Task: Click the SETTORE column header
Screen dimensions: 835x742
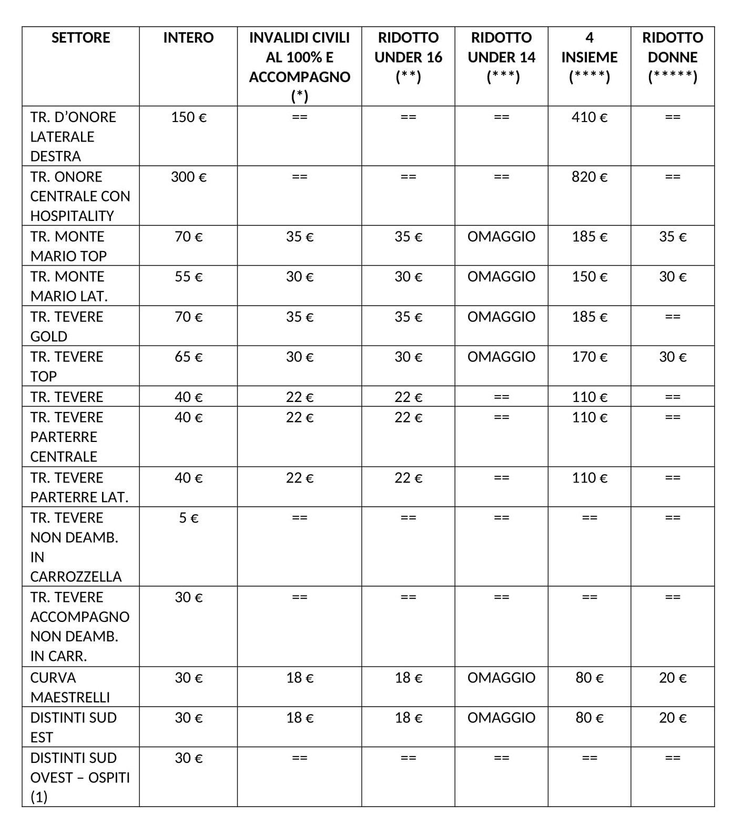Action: tap(80, 38)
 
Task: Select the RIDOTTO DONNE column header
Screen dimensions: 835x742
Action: tap(672, 57)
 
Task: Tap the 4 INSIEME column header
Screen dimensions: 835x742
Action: tap(589, 57)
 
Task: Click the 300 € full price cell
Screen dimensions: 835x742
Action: tap(188, 177)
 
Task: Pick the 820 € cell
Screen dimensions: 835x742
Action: tap(589, 177)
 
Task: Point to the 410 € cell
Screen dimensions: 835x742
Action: tap(589, 117)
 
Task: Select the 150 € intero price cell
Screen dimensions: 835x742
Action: tap(188, 117)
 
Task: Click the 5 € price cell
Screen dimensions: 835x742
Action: tap(188, 518)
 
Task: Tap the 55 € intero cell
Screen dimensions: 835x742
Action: tap(188, 277)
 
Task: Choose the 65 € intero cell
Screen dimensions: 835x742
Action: tap(188, 357)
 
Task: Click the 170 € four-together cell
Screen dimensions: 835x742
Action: tap(589, 357)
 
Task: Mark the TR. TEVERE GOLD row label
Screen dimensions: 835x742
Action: tap(67, 326)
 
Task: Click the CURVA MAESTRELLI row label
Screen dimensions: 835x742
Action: tap(70, 687)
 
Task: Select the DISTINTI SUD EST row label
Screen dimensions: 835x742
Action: tap(73, 727)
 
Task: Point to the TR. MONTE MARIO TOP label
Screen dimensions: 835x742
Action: tap(68, 246)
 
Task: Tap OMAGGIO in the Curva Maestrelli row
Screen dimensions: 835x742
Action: tap(501, 678)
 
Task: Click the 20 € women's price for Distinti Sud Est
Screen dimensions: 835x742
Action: tap(672, 718)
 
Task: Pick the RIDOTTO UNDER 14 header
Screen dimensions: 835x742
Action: tap(501, 57)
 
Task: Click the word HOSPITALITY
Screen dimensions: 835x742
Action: tap(72, 216)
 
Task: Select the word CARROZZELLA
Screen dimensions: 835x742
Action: tap(76, 577)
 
